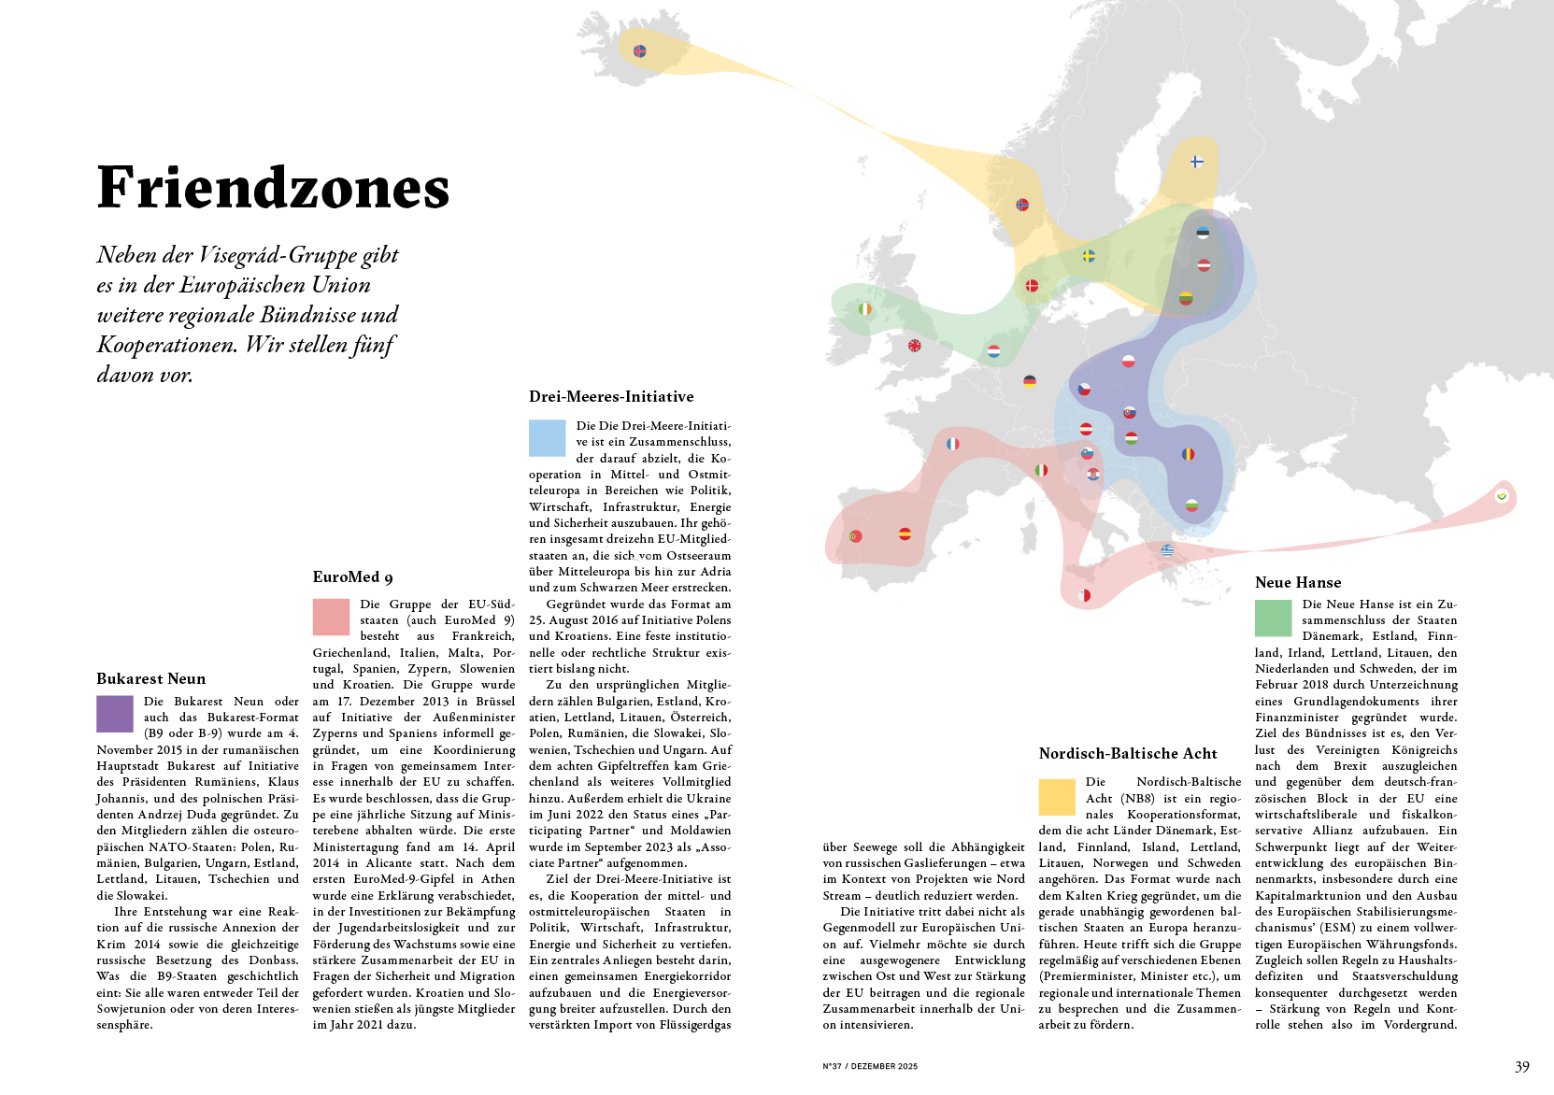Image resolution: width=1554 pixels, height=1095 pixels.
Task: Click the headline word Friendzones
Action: coord(273,188)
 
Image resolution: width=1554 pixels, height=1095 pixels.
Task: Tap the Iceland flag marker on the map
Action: coord(640,51)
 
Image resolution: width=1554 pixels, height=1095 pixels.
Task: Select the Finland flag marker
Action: coord(1197,162)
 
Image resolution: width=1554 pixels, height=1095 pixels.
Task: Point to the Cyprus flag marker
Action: coord(1502,496)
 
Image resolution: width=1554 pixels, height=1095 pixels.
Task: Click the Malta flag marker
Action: coord(1085,595)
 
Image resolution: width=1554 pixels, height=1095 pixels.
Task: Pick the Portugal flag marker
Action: coord(855,536)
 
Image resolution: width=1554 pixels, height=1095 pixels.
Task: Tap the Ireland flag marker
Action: coord(865,308)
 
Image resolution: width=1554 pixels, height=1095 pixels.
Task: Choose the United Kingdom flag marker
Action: coord(915,346)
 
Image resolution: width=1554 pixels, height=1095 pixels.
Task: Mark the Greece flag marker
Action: coord(1167,550)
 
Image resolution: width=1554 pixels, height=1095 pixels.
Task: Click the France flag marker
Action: coord(952,444)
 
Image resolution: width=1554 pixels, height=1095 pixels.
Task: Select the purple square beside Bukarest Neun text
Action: coord(115,714)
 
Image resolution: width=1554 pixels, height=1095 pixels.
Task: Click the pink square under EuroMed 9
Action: coord(331,617)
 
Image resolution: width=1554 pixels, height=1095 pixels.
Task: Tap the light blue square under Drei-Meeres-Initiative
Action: coord(547,438)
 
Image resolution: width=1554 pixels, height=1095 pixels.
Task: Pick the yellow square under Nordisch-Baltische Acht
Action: coord(1057,797)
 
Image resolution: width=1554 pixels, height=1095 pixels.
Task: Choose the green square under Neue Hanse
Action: coord(1273,618)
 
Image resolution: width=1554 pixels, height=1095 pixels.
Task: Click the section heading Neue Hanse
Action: coord(1297,582)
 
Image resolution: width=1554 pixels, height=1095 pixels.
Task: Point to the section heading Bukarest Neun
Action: coord(150,679)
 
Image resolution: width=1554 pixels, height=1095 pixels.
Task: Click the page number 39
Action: coord(1522,1067)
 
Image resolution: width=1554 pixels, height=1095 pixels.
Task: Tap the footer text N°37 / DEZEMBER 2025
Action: coord(870,1066)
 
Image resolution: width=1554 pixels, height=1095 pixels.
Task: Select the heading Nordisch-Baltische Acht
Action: coord(1128,754)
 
